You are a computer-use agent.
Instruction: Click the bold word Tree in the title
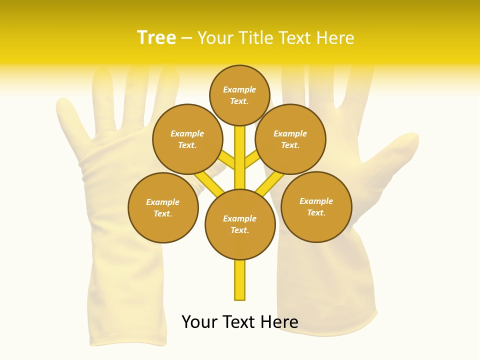coord(156,37)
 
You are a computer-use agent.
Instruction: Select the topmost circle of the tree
coord(239,95)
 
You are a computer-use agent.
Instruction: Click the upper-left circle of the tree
coord(187,139)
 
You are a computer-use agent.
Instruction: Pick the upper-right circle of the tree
coord(290,139)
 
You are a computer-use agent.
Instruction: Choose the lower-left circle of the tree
coord(163,207)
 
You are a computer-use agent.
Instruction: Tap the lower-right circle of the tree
coord(316,206)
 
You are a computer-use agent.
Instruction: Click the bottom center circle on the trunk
coord(240,224)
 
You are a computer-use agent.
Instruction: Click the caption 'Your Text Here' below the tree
coord(240,322)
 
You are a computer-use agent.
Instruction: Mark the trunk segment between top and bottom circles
coord(240,157)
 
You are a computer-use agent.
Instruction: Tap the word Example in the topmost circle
coord(239,89)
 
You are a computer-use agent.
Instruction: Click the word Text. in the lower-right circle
coord(316,212)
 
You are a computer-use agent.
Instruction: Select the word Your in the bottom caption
coord(200,322)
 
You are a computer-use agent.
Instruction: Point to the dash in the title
coord(186,38)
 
